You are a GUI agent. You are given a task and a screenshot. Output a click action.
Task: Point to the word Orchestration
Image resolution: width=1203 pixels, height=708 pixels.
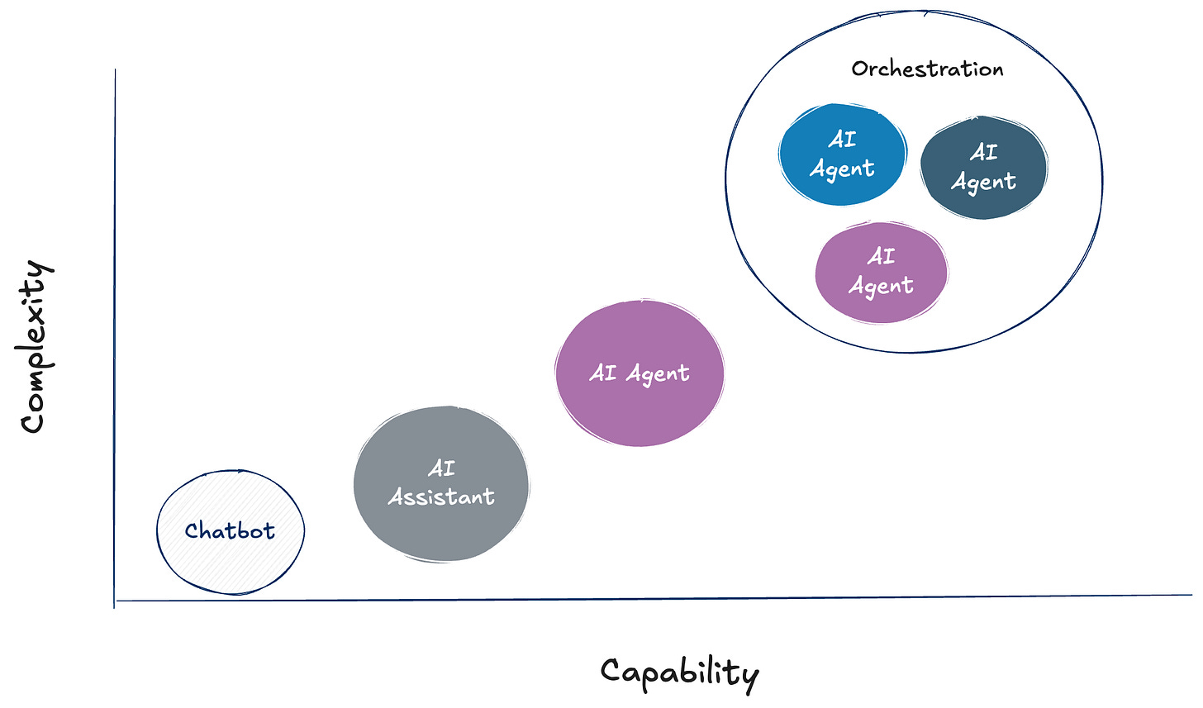(x=927, y=69)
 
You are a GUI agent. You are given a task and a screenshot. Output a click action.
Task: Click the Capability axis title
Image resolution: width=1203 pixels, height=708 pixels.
(x=679, y=672)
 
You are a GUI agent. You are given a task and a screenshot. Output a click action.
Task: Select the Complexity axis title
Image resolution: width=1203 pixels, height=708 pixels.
(x=36, y=346)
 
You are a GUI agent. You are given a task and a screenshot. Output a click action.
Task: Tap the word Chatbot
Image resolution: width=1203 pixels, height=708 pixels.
(x=230, y=530)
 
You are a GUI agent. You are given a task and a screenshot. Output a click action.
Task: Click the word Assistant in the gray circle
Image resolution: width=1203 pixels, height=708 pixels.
(x=441, y=497)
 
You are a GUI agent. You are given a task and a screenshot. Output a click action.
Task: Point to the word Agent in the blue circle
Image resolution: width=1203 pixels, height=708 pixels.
(x=842, y=169)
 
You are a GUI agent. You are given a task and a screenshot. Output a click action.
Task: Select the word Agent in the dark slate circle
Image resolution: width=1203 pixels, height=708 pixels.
(x=983, y=182)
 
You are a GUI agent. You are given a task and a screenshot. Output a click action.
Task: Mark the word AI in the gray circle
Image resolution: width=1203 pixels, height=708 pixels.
(x=441, y=468)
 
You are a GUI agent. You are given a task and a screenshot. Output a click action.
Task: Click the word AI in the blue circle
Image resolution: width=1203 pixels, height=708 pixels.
(x=842, y=140)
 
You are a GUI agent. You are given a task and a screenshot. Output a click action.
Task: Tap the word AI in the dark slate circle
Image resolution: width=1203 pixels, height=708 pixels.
(x=983, y=152)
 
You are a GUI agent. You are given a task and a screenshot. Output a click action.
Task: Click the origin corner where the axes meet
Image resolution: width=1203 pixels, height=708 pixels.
(x=115, y=601)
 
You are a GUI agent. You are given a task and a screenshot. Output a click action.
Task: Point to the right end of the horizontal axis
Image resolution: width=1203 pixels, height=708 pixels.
(x=1191, y=594)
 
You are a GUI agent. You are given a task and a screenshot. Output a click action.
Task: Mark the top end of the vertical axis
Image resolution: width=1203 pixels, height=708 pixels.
(x=115, y=71)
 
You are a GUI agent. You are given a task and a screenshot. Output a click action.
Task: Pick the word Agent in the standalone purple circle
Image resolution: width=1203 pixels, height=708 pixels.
(x=658, y=374)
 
